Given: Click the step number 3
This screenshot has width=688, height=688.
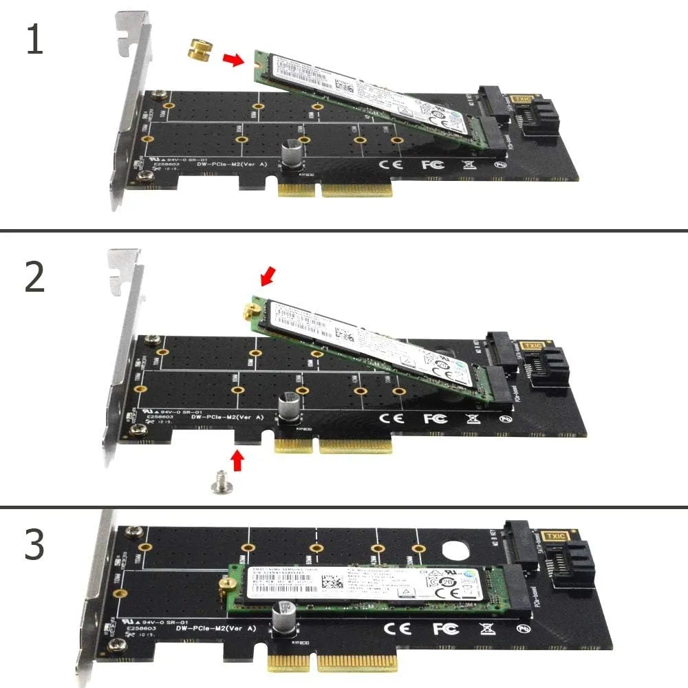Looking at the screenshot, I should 34,544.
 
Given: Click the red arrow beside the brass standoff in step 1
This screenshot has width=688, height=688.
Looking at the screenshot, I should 234,61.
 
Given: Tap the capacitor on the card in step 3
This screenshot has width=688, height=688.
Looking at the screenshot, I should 284,615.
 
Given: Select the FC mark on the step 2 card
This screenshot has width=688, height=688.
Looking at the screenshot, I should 435,418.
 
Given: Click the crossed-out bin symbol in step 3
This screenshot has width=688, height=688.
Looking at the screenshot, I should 486,628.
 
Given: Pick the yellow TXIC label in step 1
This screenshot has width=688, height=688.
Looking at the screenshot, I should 521,101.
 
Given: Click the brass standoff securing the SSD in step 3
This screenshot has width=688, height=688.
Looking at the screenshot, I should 222,585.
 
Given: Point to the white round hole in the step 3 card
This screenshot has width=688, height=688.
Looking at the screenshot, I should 455,551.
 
